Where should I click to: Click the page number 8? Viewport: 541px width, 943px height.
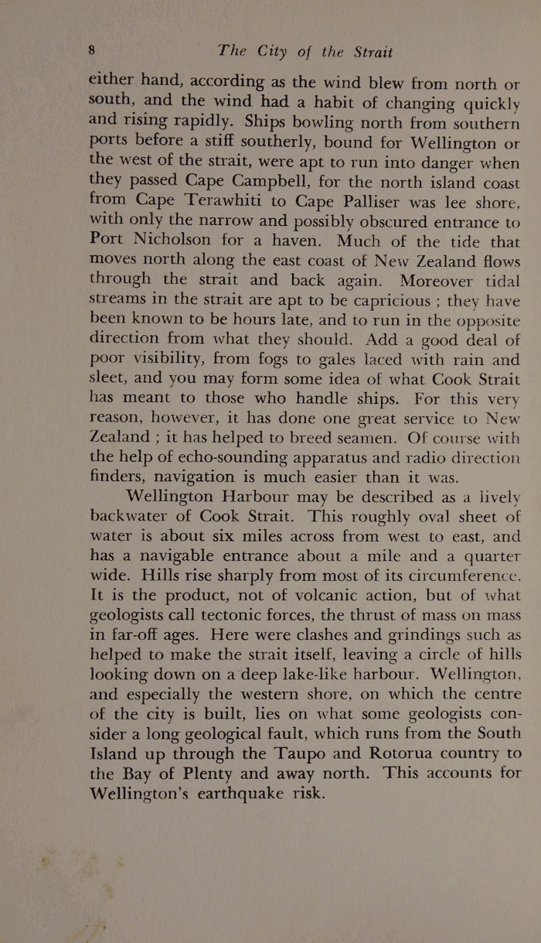(x=91, y=50)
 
